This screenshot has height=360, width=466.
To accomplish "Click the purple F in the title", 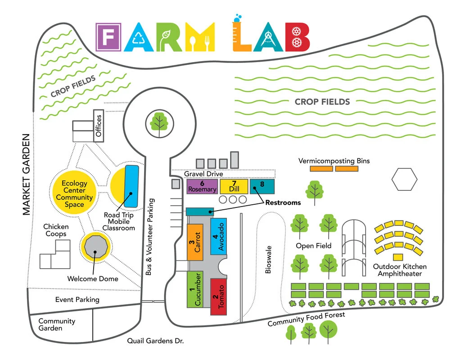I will point(109,37).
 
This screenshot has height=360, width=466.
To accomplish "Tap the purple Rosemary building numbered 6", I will point(202,186).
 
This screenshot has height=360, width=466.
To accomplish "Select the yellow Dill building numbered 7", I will point(234,186).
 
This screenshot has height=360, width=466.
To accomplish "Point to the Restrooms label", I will point(283,202).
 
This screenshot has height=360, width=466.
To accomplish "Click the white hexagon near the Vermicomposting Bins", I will point(404,179).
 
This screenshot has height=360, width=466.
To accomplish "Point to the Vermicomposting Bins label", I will point(334,161).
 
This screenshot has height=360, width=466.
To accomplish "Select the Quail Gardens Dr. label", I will point(155,341).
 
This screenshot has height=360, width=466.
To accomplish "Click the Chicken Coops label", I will point(55,230).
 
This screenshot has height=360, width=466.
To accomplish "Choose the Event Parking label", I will point(77,299).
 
